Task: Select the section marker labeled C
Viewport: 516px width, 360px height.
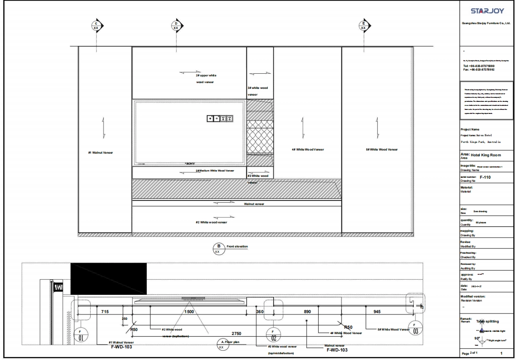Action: [x=96, y=25]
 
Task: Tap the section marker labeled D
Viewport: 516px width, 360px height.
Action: [x=176, y=25]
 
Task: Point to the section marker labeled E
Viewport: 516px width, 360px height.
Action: [x=364, y=25]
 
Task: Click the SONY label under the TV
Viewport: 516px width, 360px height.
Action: [x=190, y=163]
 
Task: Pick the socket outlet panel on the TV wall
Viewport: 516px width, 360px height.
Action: [x=220, y=118]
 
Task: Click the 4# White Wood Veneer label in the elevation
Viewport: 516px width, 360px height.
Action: [x=308, y=150]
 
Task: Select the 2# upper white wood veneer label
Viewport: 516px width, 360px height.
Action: [x=205, y=79]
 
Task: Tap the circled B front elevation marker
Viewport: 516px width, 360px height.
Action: [x=219, y=248]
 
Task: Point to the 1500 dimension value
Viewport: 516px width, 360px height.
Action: [x=189, y=311]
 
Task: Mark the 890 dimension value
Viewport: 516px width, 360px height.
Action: [x=307, y=311]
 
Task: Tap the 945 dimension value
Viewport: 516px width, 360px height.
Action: [x=377, y=311]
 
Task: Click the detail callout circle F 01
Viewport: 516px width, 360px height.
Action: [x=81, y=335]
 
